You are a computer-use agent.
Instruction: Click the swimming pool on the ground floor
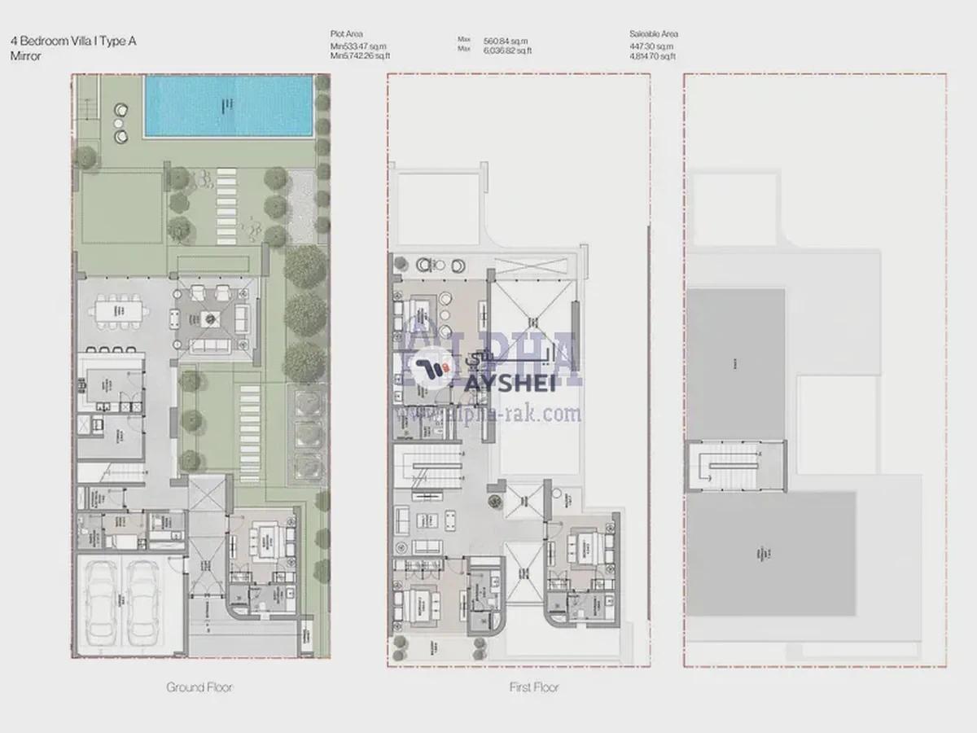pyautogui.click(x=229, y=106)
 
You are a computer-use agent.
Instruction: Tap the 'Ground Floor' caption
pyautogui.click(x=199, y=687)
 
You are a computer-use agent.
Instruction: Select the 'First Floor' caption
pyautogui.click(x=533, y=687)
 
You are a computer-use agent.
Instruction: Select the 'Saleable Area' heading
pyautogui.click(x=653, y=34)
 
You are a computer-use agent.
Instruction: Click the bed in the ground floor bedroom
pyautogui.click(x=265, y=538)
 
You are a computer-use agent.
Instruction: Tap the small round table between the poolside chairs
pyautogui.click(x=120, y=124)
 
